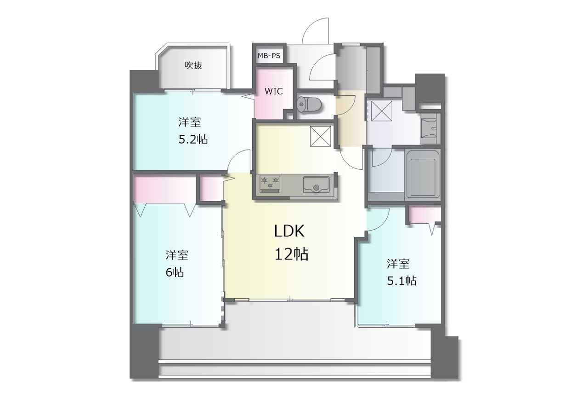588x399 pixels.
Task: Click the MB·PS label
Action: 269,56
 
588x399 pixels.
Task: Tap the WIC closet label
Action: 273,91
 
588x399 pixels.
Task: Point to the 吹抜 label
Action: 193,65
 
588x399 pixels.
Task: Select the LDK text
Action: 289,231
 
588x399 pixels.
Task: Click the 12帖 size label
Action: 291,254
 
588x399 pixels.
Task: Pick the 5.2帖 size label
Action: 193,139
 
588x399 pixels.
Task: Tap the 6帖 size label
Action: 175,272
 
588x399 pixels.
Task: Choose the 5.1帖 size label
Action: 401,281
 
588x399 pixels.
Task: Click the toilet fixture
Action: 309,104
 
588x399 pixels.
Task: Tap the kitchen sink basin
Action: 317,184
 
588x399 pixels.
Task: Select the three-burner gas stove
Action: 270,184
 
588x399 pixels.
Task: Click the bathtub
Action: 423,173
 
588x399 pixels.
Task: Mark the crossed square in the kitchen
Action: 321,136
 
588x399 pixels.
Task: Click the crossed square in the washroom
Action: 382,111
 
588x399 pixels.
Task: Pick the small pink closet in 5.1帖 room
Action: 425,214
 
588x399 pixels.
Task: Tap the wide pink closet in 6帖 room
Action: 164,189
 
